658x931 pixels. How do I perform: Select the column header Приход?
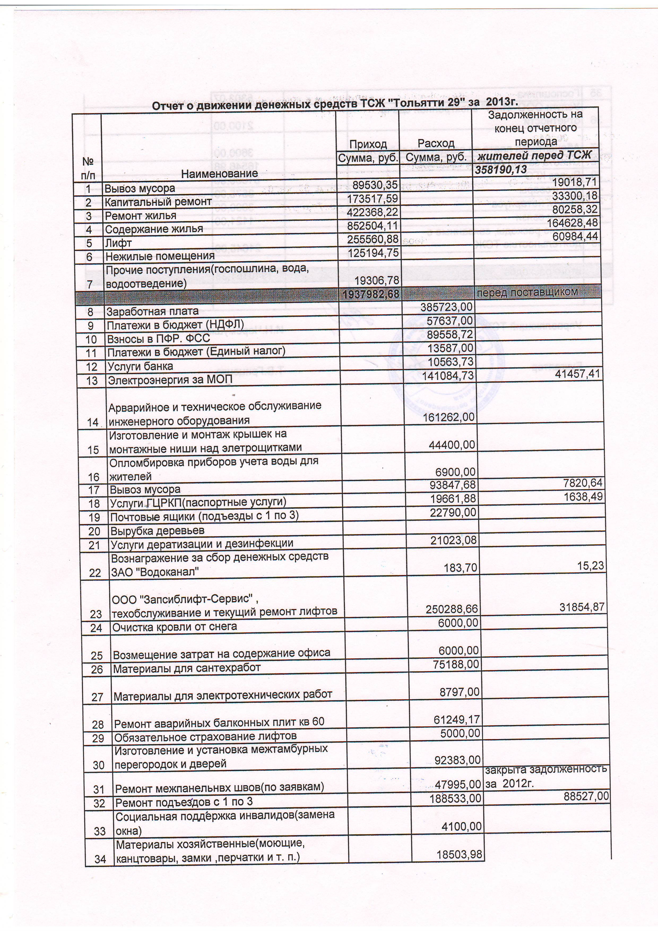coord(368,144)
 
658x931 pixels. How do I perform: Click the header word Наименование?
coord(219,174)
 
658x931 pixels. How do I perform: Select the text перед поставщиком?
coord(527,291)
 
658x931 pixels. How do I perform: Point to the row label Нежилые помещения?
coord(160,256)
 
